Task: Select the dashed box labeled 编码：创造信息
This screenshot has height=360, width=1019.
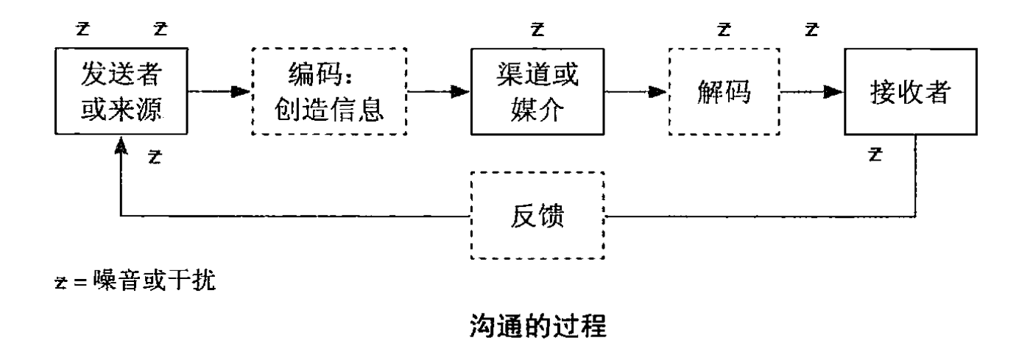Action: click(x=329, y=92)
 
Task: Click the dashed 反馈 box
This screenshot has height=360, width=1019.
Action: click(x=537, y=216)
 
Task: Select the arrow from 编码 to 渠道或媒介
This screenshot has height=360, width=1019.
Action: click(x=438, y=92)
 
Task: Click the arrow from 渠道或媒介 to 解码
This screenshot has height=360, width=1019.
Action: click(x=635, y=92)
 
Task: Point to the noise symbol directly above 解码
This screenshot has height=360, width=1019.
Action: click(x=724, y=30)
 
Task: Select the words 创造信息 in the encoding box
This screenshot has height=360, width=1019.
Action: click(x=329, y=108)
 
